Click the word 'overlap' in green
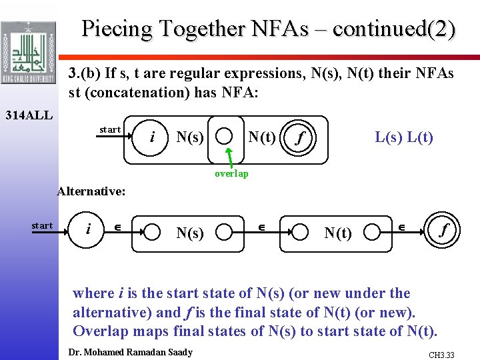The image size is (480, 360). click(231, 173)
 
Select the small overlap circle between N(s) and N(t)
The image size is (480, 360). click(226, 137)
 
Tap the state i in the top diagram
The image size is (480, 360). click(153, 137)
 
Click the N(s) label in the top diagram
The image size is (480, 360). click(190, 138)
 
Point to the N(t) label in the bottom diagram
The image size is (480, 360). click(338, 233)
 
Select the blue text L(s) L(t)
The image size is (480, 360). click(404, 137)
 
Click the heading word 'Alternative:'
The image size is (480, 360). click(91, 191)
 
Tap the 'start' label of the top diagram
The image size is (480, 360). click(110, 129)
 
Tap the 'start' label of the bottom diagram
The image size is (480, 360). click(42, 225)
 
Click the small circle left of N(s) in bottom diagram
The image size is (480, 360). click(153, 232)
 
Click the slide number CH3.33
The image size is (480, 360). click(441, 355)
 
